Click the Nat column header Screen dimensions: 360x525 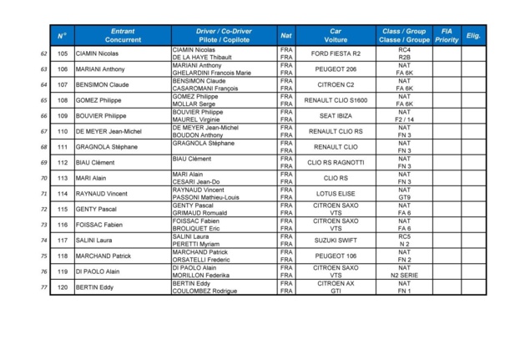point(286,35)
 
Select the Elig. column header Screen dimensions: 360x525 point(473,35)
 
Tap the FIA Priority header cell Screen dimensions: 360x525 point(447,35)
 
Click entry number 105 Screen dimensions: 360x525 point(63,53)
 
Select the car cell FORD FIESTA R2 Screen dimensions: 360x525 point(335,53)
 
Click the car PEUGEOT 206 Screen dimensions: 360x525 point(335,69)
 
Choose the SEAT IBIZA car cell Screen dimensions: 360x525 point(335,115)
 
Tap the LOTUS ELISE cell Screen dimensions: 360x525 point(335,194)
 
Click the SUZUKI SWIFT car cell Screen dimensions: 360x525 point(335,241)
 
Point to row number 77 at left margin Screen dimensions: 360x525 point(43,287)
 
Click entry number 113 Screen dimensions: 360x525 point(63,178)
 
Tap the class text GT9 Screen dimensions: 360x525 point(405,198)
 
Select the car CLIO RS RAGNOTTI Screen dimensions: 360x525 point(335,162)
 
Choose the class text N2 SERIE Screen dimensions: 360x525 point(405,276)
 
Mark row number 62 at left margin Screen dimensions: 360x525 point(43,53)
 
